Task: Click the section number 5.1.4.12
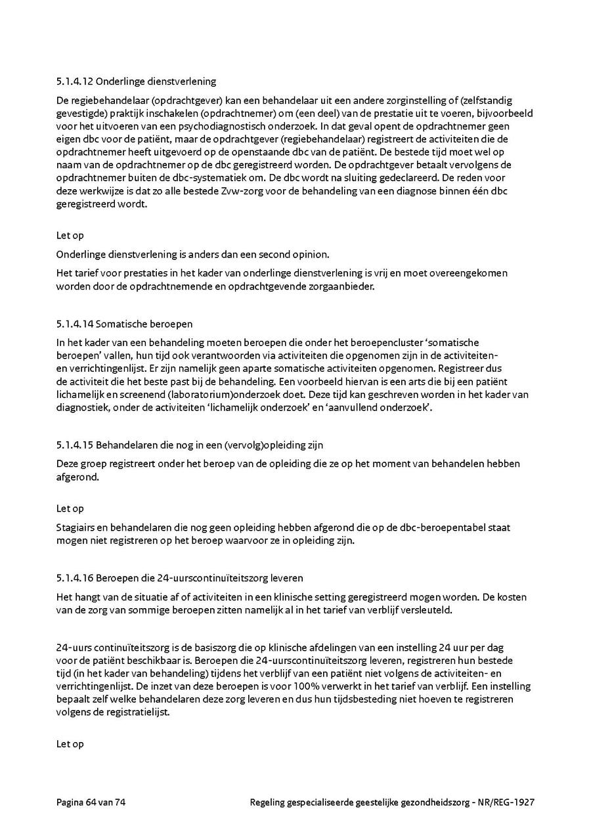(75, 82)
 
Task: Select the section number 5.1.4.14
(75, 324)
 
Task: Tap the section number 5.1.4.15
(75, 445)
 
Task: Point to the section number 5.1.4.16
(75, 579)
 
